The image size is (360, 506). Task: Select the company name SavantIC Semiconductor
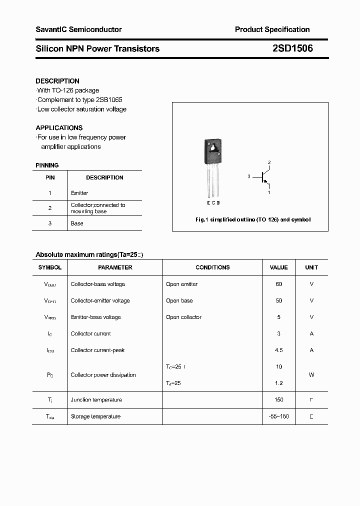[x=78, y=29]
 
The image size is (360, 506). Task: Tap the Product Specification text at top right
[x=272, y=29]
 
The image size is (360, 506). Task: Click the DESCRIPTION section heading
[x=57, y=81]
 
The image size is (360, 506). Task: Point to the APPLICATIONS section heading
[x=59, y=127]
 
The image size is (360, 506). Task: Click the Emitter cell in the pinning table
[x=79, y=193]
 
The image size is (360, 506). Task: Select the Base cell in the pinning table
[x=77, y=223]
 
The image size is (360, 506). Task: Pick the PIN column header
[x=50, y=177]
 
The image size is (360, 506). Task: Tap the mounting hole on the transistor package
[x=213, y=147]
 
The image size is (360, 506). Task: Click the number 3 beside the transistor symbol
[x=248, y=176]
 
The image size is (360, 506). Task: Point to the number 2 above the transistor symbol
[x=269, y=162]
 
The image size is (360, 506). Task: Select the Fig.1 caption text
[x=252, y=220]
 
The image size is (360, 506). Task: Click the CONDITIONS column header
[x=212, y=267]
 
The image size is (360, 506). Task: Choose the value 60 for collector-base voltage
[x=278, y=284]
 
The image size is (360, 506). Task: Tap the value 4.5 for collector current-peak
[x=278, y=350]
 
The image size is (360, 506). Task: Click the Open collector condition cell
[x=183, y=317]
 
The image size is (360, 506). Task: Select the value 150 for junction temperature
[x=278, y=399]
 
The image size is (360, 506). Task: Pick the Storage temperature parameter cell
[x=95, y=416]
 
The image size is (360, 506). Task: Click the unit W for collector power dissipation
[x=311, y=374]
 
